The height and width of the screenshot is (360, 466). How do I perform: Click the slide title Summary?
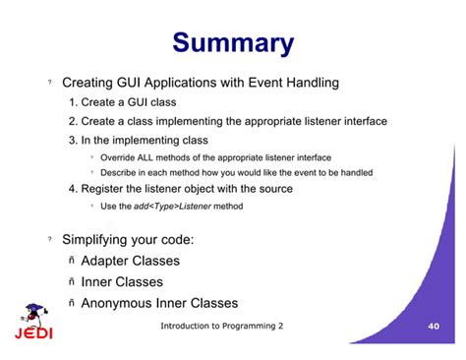[x=233, y=43]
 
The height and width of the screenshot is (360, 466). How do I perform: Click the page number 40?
[x=434, y=326]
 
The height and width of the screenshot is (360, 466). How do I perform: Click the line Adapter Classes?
[x=130, y=261]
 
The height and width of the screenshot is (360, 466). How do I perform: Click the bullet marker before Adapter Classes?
[x=72, y=262]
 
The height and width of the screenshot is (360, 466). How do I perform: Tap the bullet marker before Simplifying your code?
[x=50, y=240]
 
